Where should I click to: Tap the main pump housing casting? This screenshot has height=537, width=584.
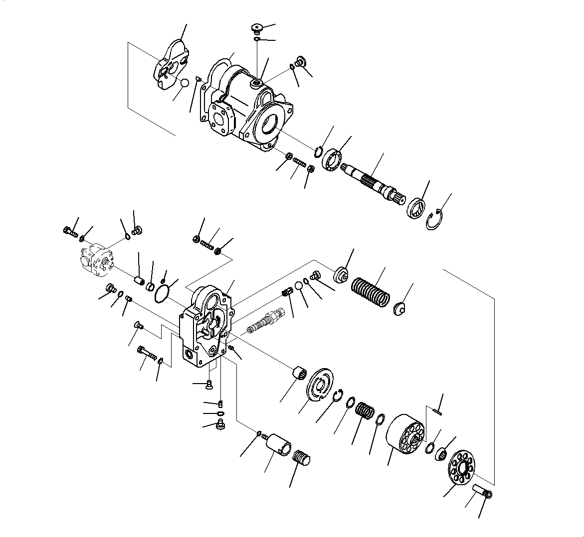249,107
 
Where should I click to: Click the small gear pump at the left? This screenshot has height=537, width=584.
97,259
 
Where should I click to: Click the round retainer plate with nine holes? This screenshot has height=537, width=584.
462,467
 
